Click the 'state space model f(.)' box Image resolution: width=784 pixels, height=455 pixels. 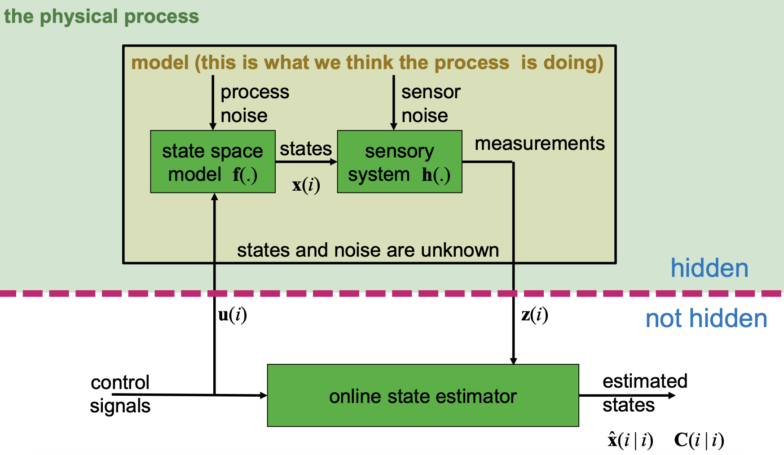point(212,162)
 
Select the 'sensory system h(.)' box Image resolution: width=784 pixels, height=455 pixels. point(399,162)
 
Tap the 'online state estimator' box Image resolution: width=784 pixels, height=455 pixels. point(423,395)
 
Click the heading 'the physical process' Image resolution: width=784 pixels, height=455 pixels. point(101,17)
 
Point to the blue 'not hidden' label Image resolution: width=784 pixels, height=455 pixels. point(706,319)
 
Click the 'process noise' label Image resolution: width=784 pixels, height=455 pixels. point(255,104)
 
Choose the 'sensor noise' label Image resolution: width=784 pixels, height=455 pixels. point(431,104)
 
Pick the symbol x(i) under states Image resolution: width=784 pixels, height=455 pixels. point(306,185)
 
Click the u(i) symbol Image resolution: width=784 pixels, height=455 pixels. point(232,315)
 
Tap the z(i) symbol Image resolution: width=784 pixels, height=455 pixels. point(534,315)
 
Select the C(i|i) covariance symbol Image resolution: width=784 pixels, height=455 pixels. point(699,440)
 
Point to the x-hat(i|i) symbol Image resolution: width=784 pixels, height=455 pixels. point(630,440)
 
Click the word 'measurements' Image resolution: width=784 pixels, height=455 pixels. point(539,144)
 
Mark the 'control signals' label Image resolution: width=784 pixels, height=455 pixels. point(120,394)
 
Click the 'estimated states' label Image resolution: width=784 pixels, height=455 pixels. point(644,393)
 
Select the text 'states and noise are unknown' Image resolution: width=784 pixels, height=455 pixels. point(368,250)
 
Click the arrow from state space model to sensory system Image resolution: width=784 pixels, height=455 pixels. point(306,162)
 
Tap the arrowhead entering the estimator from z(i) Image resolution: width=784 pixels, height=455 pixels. point(513,361)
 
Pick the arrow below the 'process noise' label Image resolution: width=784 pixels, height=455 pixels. point(213,103)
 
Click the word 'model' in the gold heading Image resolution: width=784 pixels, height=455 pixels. point(160,63)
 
